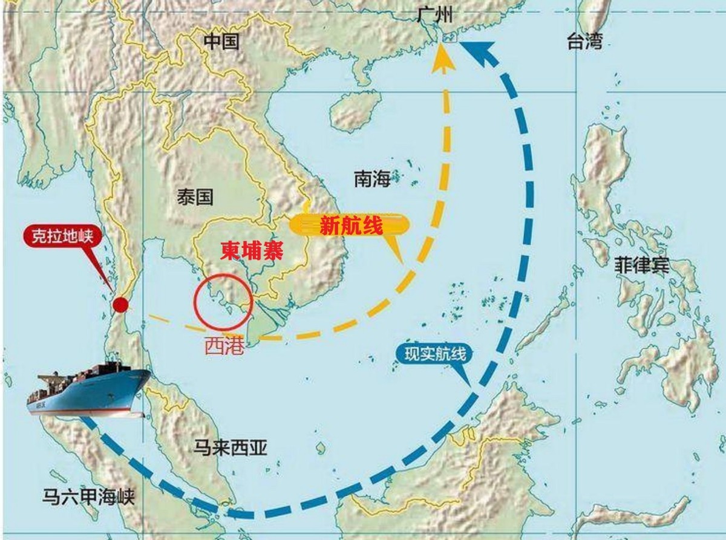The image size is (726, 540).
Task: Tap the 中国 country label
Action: tap(221, 41)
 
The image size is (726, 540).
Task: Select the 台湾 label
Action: tap(584, 41)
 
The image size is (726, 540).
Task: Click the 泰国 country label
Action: tap(195, 198)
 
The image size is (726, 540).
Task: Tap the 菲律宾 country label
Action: tap(641, 265)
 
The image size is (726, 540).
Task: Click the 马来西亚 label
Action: tap(230, 447)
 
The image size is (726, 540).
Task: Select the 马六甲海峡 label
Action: tap(88, 497)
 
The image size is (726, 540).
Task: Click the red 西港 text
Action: tap(224, 345)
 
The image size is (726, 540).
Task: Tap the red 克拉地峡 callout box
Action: tap(60, 236)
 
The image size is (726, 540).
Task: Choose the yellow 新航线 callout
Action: tap(350, 227)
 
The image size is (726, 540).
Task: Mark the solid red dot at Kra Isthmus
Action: tap(121, 304)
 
